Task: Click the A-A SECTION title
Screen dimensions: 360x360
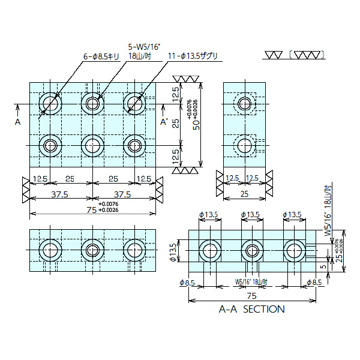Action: point(252,310)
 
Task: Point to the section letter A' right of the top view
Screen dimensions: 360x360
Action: point(164,122)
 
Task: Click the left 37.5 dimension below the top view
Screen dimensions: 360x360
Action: point(59,194)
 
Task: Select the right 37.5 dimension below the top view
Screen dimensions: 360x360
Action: point(122,194)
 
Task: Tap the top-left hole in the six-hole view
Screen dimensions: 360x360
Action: point(50,104)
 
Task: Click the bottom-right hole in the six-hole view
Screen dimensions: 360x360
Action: point(133,145)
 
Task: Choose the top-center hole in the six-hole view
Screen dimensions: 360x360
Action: point(92,104)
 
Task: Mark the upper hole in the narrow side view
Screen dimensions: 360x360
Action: point(244,104)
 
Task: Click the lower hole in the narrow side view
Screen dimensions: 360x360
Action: point(244,145)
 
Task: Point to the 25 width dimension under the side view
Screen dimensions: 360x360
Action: point(244,194)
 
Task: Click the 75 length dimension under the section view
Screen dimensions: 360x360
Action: point(251,296)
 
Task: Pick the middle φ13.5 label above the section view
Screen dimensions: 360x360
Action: point(250,215)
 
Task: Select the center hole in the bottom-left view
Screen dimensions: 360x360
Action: point(92,249)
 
